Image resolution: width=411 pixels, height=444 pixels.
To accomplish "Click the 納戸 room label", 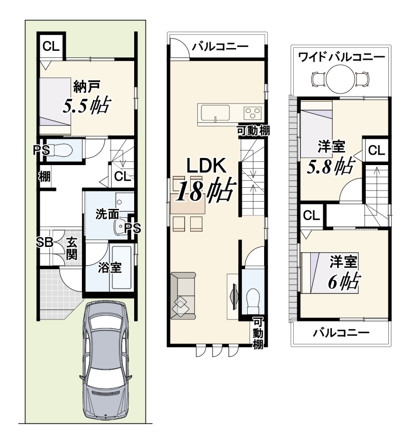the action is [87, 87].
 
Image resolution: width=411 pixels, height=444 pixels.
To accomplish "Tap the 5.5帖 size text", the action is [86, 105].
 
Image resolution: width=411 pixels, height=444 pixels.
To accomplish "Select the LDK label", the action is [206, 166].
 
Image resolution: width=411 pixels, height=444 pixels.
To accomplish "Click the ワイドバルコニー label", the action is [341, 57].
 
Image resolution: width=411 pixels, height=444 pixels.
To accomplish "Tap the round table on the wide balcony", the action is [340, 78].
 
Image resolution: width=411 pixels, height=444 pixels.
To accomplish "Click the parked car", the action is [105, 360].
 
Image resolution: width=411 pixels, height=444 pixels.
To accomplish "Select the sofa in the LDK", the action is [183, 296].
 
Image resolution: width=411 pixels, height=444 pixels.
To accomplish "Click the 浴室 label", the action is [110, 268].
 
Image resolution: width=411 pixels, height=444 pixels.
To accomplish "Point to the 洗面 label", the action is [107, 214].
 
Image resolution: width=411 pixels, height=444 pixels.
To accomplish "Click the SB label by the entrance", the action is [45, 242].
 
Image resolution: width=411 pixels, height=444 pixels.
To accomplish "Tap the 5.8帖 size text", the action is [330, 166].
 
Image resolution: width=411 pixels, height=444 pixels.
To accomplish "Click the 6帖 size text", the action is [344, 281].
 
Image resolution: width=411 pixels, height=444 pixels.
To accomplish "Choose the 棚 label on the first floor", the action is [45, 177].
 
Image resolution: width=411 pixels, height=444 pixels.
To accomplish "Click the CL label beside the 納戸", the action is [51, 46].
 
